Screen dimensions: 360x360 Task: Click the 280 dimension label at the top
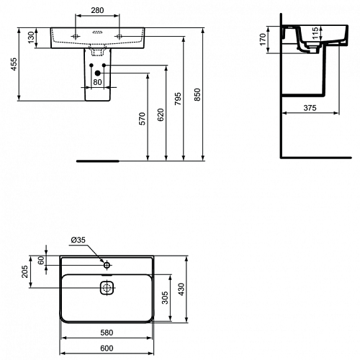97,10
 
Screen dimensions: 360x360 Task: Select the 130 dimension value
32,38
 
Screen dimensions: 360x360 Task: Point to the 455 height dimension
14,64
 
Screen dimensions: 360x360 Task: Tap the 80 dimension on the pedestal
97,82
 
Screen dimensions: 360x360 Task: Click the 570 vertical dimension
143,119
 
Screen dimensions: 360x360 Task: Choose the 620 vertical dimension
161,114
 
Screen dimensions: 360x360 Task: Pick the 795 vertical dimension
178,99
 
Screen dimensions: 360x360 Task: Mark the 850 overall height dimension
197,94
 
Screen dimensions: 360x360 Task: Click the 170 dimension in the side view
264,40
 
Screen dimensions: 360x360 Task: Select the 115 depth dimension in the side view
316,33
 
